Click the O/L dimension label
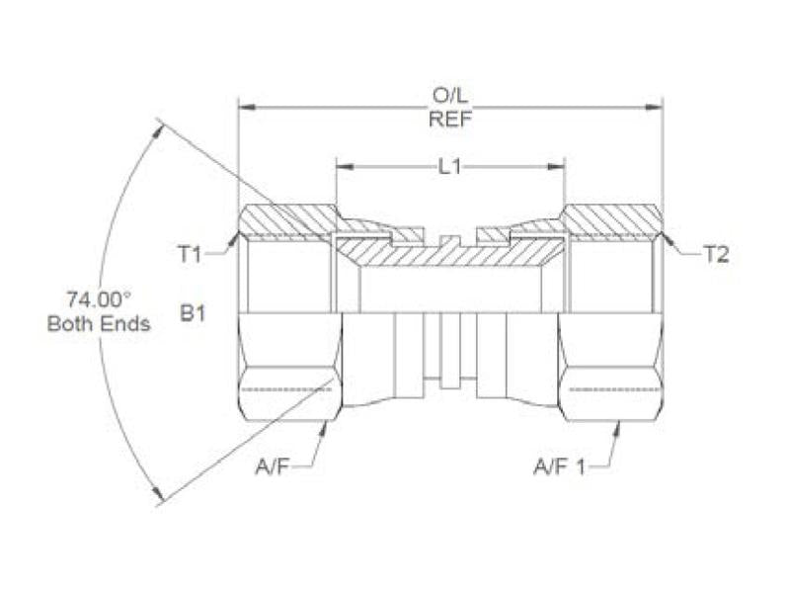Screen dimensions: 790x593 450,95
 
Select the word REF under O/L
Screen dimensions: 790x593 450,119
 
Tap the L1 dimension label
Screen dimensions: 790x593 449,167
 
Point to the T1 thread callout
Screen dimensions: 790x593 191,255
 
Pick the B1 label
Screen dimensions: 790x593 193,313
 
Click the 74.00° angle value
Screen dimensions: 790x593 99,299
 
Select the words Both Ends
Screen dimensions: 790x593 99,323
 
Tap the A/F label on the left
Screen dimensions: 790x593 273,466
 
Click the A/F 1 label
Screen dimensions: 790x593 559,466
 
